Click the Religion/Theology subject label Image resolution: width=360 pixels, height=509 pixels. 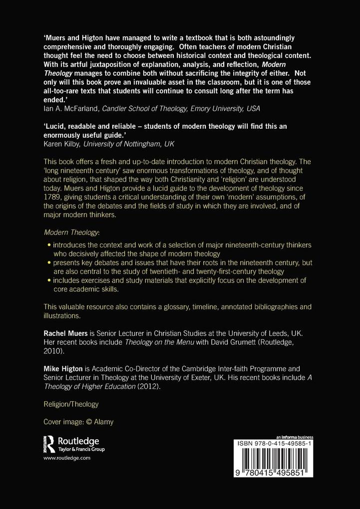pyautogui.click(x=71, y=404)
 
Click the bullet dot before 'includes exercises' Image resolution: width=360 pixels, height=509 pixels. pyautogui.click(x=48, y=281)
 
